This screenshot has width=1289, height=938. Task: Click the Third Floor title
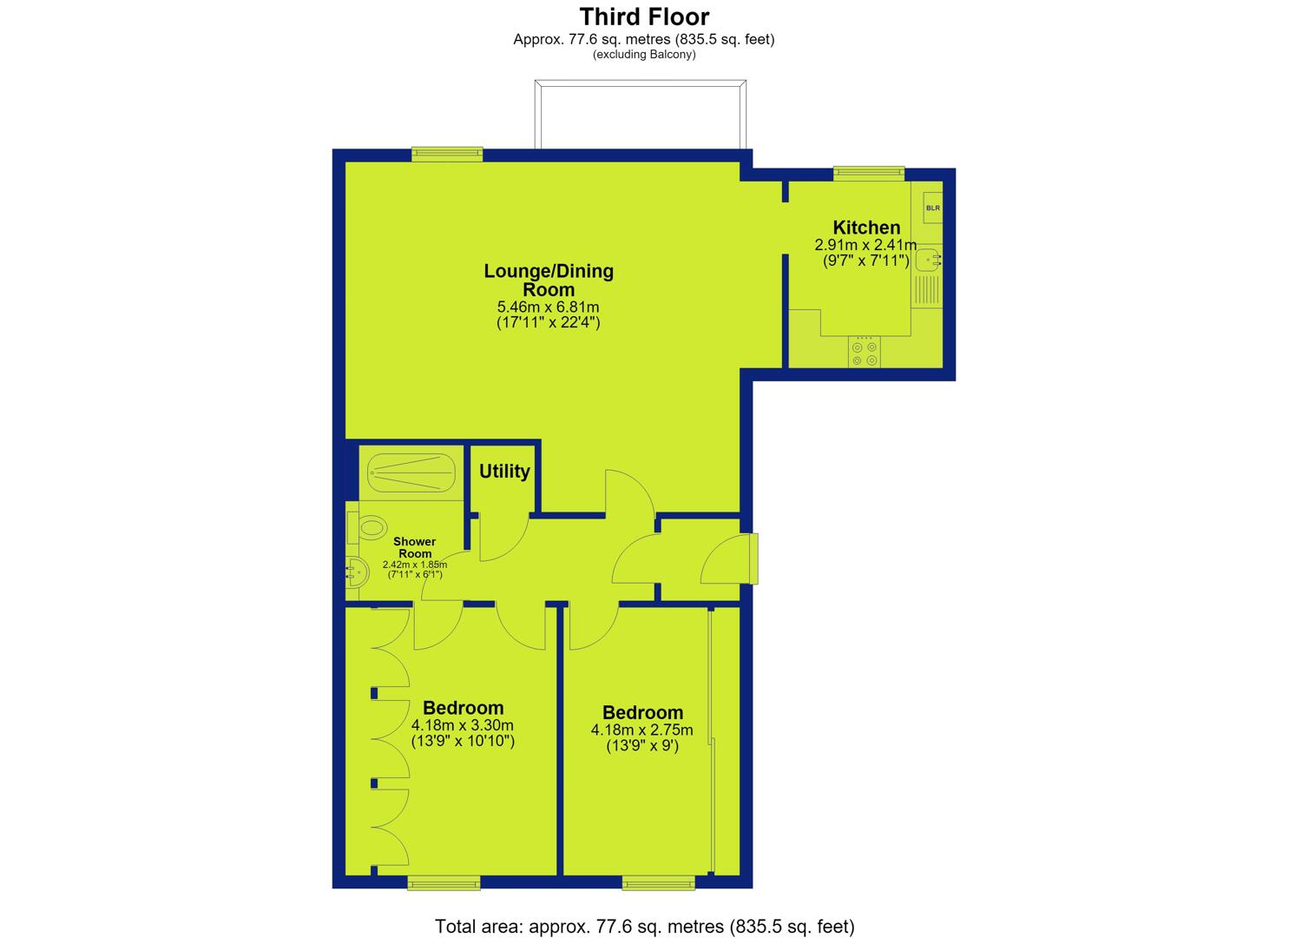tap(644, 17)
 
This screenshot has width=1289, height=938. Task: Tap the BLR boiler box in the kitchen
tap(932, 208)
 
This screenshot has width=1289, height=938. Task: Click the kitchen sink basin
tap(928, 260)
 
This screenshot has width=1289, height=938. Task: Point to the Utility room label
tap(504, 471)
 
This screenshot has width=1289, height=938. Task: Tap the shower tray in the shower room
tap(411, 472)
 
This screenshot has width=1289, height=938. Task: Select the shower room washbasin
tap(356, 572)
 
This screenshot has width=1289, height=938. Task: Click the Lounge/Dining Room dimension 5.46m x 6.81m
tap(548, 307)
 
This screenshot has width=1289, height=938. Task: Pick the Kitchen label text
tap(866, 227)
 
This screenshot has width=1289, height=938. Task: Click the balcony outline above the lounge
tap(641, 82)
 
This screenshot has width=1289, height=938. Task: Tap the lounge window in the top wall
tap(446, 154)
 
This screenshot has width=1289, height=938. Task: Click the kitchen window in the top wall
tap(869, 174)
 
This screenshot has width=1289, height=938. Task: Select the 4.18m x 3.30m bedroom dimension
tap(463, 725)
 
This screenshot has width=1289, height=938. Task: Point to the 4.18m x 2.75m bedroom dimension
tap(642, 730)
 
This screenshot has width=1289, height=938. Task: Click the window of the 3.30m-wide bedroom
tap(444, 882)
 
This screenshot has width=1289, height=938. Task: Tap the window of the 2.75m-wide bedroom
tap(659, 882)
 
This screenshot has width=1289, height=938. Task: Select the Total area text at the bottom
tap(644, 927)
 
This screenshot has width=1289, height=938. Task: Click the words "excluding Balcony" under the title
tap(644, 55)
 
